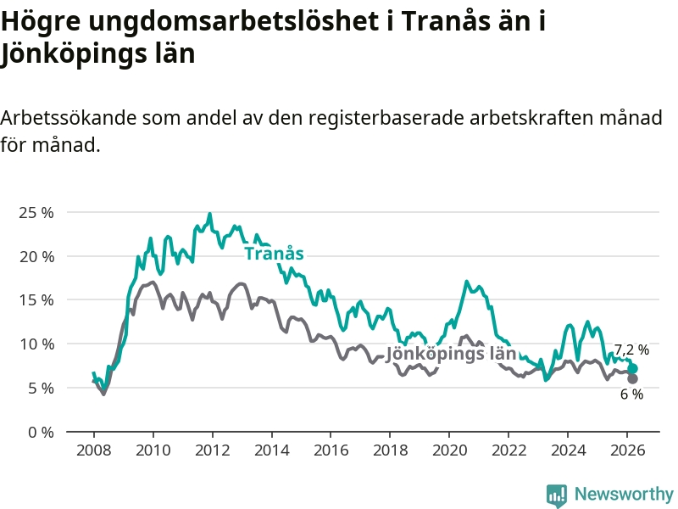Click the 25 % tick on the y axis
point(36,212)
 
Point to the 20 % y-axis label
point(36,256)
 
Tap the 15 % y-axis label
point(36,299)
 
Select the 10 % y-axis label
point(36,344)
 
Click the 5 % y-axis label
point(40,388)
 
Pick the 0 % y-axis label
point(40,432)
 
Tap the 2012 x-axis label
point(212,450)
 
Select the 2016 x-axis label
point(331,450)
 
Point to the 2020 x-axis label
point(450,450)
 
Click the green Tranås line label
point(274,254)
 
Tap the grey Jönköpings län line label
point(451,355)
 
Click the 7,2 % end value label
point(631,350)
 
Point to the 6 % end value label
point(631,394)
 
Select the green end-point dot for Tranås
point(632,368)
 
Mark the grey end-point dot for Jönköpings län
point(632,379)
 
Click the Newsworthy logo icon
point(557,495)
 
